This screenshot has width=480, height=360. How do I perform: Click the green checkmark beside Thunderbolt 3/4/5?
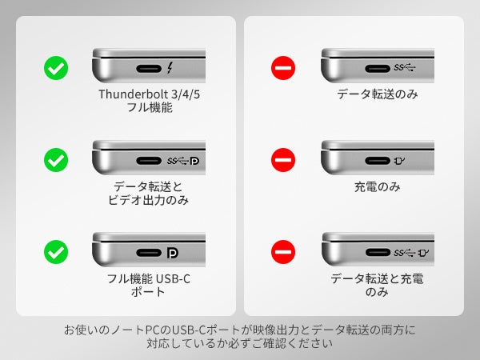click(56, 68)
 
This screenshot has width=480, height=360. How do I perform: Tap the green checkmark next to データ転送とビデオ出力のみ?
click(56, 160)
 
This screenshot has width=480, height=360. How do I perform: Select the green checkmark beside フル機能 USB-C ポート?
click(56, 252)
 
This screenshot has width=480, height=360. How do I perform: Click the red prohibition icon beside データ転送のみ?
click(283, 68)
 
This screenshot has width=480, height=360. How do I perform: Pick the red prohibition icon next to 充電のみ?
click(283, 160)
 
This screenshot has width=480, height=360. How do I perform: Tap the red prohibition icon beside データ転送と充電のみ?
click(283, 252)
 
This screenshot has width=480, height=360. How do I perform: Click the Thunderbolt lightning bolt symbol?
click(170, 68)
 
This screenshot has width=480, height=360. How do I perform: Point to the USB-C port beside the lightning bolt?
click(149, 69)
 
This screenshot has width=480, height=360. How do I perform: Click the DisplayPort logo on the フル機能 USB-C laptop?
click(172, 253)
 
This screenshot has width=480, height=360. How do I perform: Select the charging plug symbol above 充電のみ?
click(399, 161)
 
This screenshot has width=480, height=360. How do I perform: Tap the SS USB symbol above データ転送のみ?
click(404, 67)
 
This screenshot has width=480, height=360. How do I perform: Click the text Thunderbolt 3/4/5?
click(150, 94)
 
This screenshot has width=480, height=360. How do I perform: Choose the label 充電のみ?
click(377, 186)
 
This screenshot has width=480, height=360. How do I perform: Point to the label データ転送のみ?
click(378, 94)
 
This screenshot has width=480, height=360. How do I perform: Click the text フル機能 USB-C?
click(149, 278)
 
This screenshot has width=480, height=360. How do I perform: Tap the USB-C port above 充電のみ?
click(378, 161)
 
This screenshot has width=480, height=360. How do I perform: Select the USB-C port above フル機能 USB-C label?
click(149, 253)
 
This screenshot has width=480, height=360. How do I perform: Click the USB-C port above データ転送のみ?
click(378, 69)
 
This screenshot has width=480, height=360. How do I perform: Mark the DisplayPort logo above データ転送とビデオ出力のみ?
click(194, 161)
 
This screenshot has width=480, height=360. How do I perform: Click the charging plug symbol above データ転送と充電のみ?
click(424, 253)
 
